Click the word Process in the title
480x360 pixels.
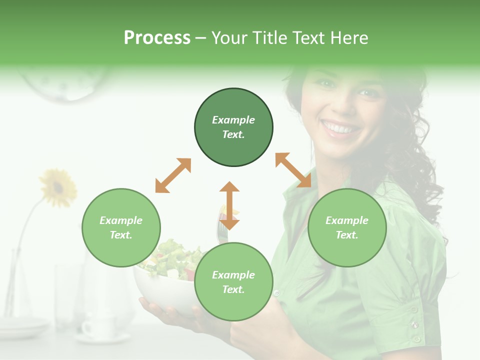157,38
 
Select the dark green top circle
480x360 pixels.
233,127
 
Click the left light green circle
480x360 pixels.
121,228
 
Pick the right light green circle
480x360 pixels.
347,228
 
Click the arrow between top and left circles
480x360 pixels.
173,175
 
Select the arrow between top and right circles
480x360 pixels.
293,170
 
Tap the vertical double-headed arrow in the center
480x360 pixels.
229,205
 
